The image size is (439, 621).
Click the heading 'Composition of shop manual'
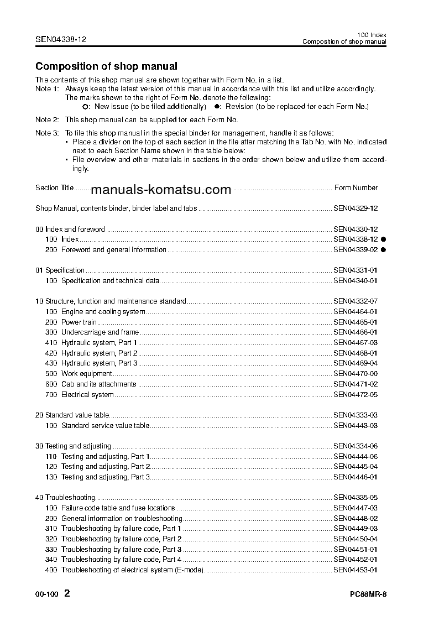pyautogui.click(x=106, y=67)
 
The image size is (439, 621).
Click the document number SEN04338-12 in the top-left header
pyautogui.click(x=61, y=40)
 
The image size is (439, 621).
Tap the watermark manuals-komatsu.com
pyautogui.click(x=160, y=190)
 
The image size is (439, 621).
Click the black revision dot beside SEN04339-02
pyautogui.click(x=383, y=250)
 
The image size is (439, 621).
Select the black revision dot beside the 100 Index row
pyautogui.click(x=383, y=239)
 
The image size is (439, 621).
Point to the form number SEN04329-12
pyautogui.click(x=355, y=208)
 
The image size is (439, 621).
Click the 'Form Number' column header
pyautogui.click(x=356, y=188)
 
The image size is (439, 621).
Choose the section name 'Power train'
pyautogui.click(x=79, y=322)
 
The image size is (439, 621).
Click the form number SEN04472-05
pyautogui.click(x=355, y=395)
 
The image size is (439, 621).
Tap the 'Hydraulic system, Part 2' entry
pyautogui.click(x=99, y=353)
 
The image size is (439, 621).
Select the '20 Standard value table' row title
pyautogui.click(x=72, y=415)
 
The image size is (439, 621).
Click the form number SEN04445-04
pyautogui.click(x=355, y=467)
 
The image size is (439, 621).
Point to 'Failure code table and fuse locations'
pyautogui.click(x=118, y=508)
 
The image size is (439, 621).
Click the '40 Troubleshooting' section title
pyautogui.click(x=65, y=498)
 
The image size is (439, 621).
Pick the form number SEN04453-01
pyautogui.click(x=355, y=570)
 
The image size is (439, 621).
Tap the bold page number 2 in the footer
pyautogui.click(x=67, y=594)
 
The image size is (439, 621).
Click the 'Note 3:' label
pyautogui.click(x=47, y=133)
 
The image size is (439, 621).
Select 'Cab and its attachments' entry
pyautogui.click(x=98, y=384)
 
